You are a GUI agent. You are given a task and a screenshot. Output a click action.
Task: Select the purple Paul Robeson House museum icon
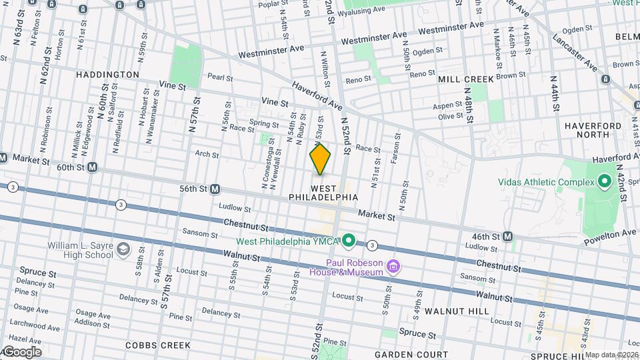394,267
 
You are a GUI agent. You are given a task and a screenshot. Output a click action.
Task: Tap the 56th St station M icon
215,189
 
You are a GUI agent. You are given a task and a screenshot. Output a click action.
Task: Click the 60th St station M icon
92,167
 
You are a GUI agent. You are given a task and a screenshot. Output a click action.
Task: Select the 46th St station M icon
508,236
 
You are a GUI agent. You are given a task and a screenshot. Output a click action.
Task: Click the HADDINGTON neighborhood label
107,75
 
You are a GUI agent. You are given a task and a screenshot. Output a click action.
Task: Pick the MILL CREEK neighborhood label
466,79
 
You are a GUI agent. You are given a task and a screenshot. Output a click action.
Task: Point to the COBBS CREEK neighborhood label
158,345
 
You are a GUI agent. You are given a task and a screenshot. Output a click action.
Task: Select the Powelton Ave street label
608,235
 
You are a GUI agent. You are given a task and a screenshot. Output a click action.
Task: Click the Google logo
21,351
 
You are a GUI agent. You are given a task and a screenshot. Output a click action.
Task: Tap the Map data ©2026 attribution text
611,355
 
